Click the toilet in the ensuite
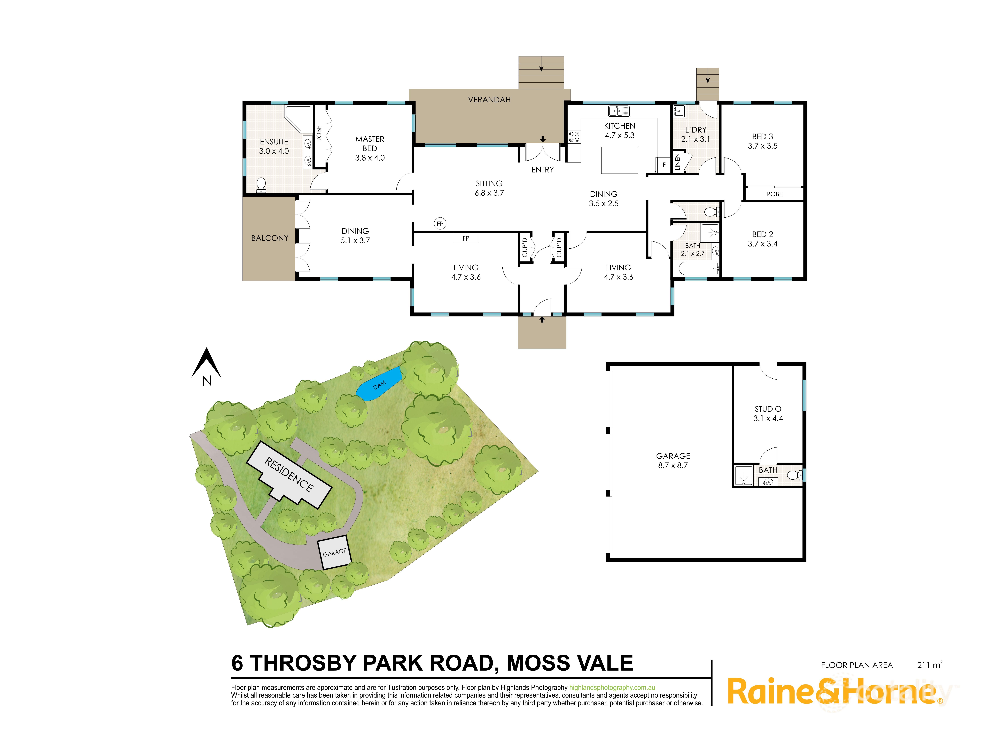click(261, 184)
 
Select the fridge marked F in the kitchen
click(664, 165)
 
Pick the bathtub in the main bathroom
click(698, 269)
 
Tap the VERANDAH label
click(489, 100)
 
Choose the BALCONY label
click(269, 238)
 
